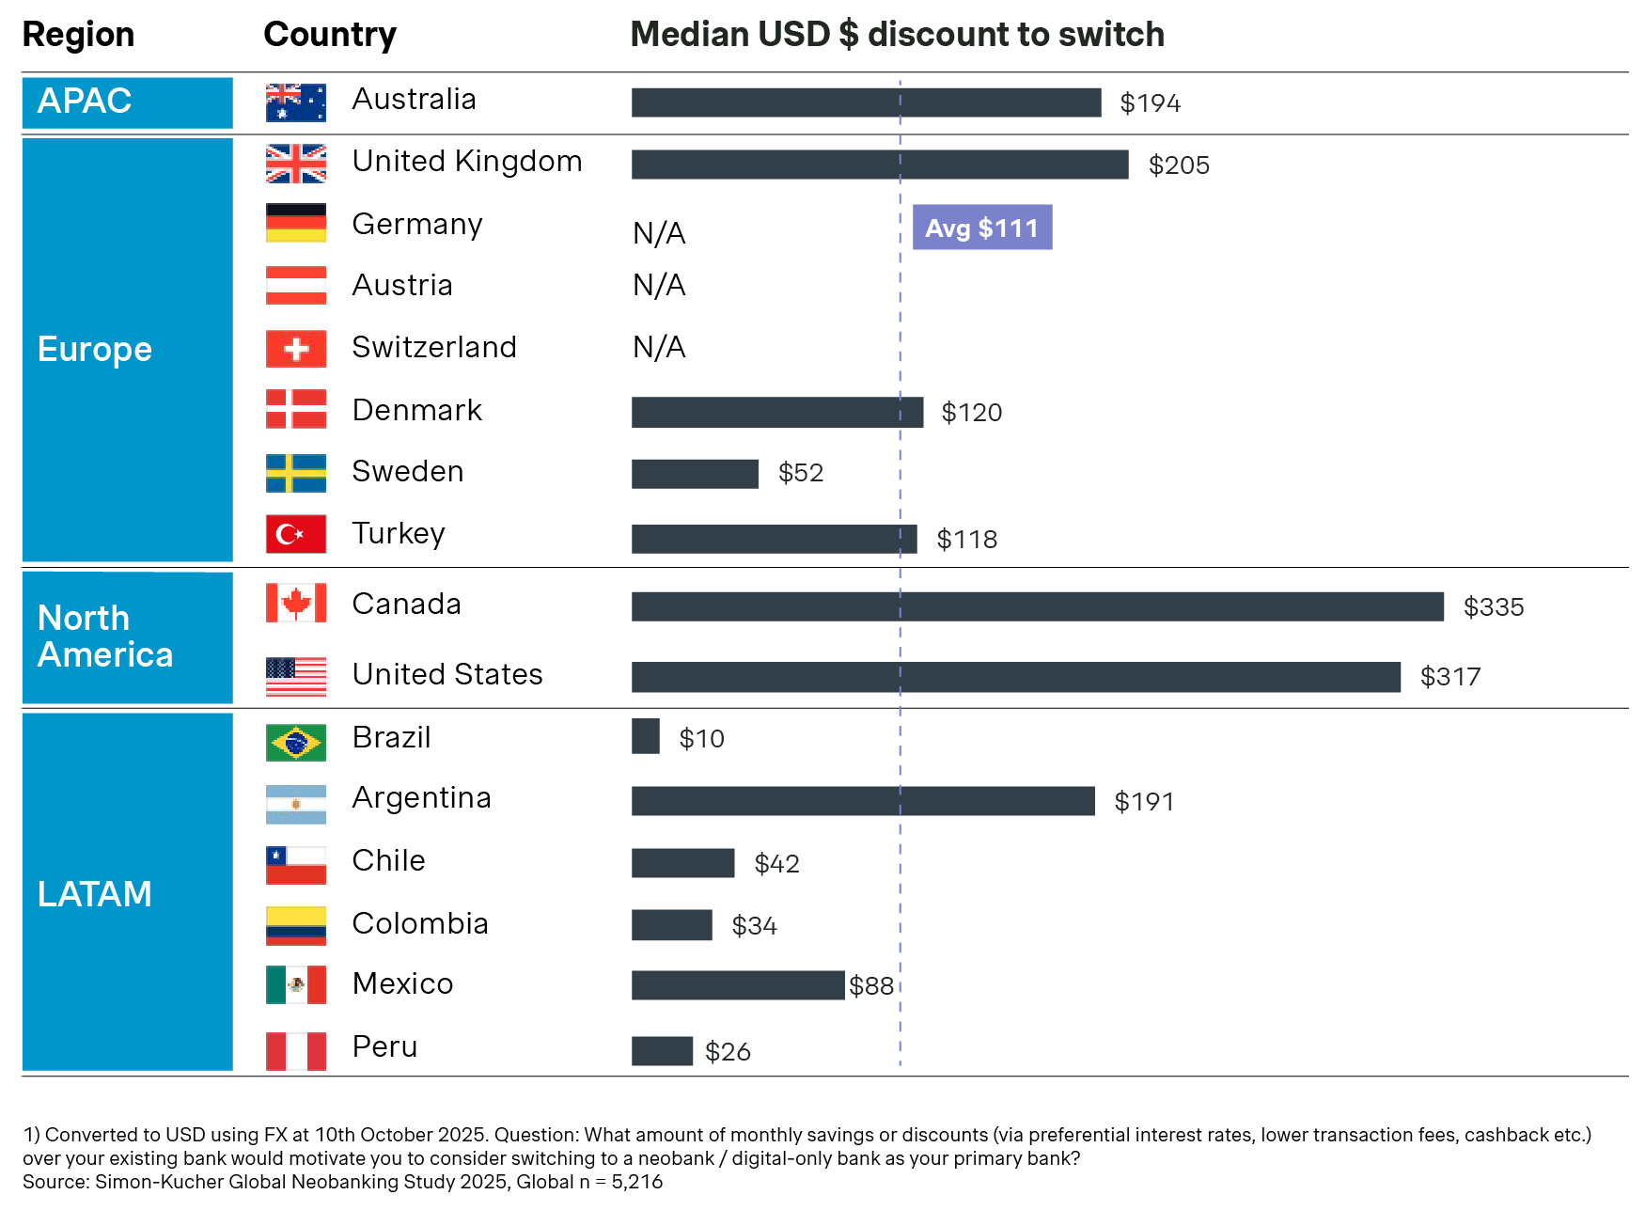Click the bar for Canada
[x=1037, y=606]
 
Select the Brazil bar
[x=646, y=736]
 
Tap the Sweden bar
[x=695, y=474]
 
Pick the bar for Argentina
[x=863, y=801]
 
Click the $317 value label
[x=1449, y=677]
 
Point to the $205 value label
[x=1179, y=165]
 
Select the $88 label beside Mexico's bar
[x=871, y=985]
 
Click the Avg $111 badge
[x=981, y=228]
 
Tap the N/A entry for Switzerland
[x=659, y=348]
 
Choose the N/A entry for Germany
[x=659, y=232]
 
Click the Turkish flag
[x=296, y=534]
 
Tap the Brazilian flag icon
[x=296, y=743]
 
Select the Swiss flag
[x=296, y=349]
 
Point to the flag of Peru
[x=296, y=1051]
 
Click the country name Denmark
[x=416, y=410]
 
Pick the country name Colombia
[x=420, y=923]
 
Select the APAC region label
[x=85, y=101]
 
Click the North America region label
[x=105, y=637]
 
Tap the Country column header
[x=330, y=35]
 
